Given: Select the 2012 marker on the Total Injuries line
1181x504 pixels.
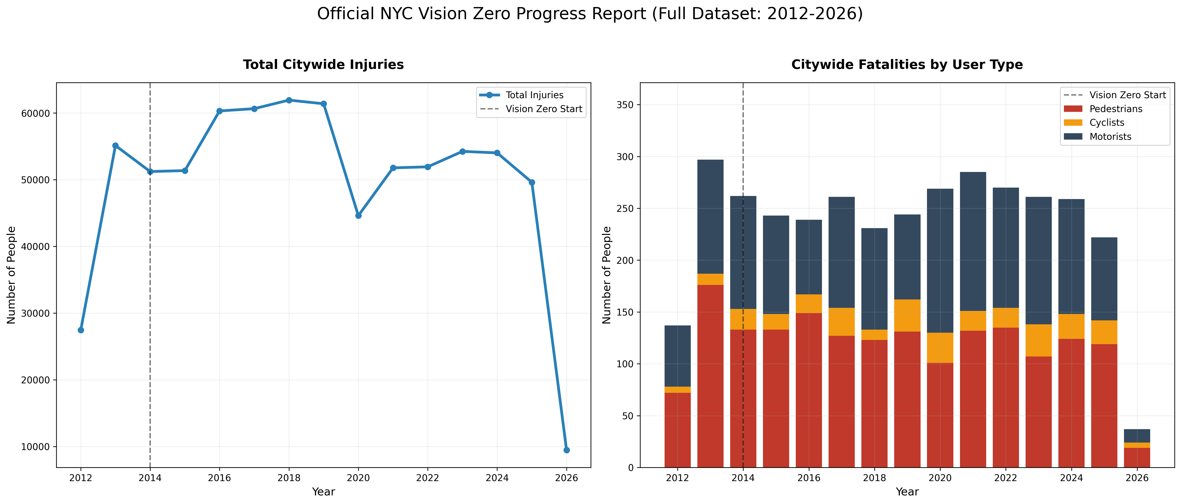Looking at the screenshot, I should tap(81, 330).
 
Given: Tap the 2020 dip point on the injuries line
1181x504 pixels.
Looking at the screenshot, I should tap(359, 216).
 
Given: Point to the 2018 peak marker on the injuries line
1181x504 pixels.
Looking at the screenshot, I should tap(289, 100).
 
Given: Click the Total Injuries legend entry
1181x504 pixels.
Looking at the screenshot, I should tap(534, 95).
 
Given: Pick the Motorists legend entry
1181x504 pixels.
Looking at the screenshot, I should tap(1110, 137).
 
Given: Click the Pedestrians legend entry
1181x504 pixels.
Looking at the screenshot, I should tap(1115, 109).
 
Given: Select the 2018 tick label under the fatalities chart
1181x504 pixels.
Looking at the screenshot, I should tap(874, 478).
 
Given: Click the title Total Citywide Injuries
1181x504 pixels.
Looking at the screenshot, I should tap(323, 65).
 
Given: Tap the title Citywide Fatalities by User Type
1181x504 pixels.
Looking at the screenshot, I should tap(907, 65).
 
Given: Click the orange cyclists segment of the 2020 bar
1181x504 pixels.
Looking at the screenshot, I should tap(940, 348).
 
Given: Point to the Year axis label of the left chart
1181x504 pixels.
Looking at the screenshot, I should tap(323, 492).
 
